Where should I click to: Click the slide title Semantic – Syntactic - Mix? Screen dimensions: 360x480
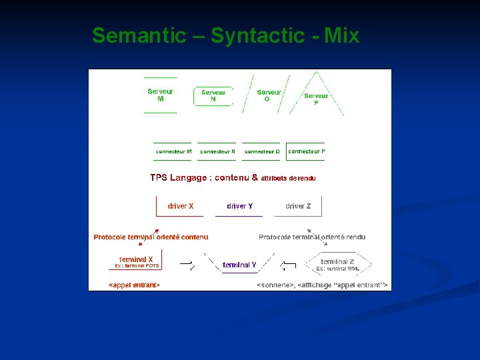coord(225,35)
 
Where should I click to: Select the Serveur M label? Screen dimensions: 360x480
coord(160,95)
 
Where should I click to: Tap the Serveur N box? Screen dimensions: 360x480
coord(213,96)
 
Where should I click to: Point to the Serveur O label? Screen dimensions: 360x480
coord(269,95)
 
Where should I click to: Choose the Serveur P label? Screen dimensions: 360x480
coord(316,99)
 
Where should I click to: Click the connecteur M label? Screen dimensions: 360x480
coord(173,151)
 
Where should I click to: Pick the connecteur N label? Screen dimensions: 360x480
coord(217,151)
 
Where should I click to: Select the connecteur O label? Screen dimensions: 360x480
coord(262,151)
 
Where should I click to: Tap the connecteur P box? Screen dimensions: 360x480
coord(306,151)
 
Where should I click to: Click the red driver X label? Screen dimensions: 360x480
coord(181,206)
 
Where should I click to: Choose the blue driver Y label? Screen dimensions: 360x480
coord(239,206)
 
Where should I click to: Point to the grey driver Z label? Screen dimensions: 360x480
coord(298,206)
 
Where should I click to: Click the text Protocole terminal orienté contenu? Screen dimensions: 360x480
coord(151,237)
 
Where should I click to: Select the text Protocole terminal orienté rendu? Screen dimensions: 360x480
coord(312,237)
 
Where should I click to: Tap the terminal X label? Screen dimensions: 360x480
coord(136,259)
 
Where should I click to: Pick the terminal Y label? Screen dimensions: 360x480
coord(239,265)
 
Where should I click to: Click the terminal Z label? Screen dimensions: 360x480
coord(337,261)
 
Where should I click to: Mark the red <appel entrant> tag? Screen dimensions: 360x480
coord(134,285)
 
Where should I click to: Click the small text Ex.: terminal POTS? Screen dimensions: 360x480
coord(137,265)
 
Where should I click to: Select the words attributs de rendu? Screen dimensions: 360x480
coord(288,179)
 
